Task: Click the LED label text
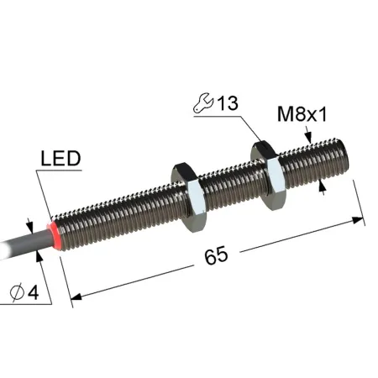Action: (60, 158)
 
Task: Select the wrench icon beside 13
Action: (203, 103)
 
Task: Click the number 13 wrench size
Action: (228, 103)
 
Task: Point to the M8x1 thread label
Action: (302, 114)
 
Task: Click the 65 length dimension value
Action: (216, 256)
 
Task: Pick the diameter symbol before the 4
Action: (17, 292)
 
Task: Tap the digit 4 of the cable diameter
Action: (33, 293)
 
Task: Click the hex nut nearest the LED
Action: (189, 197)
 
